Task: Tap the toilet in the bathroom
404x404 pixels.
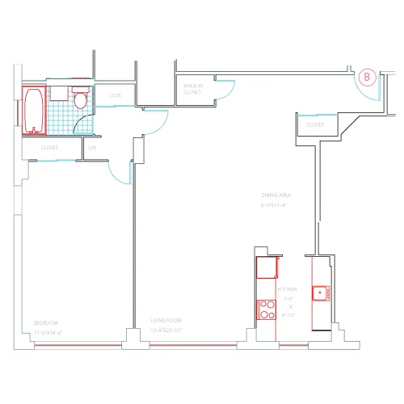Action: [80, 99]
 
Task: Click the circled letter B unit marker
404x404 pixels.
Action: [368, 78]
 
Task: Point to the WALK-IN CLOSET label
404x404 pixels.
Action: [192, 89]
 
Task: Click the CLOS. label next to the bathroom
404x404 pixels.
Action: [115, 95]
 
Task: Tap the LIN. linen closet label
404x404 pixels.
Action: [92, 149]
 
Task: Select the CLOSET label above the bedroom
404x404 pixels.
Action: [50, 149]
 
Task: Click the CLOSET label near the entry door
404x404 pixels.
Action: [315, 125]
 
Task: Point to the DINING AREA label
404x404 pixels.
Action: [276, 196]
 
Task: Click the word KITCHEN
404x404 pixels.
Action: [287, 288]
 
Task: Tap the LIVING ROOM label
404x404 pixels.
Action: [166, 322]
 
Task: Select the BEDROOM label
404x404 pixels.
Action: [46, 322]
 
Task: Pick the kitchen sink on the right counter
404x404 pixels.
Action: [320, 292]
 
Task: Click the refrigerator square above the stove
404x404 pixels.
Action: [267, 267]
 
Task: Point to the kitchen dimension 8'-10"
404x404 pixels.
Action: [288, 314]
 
